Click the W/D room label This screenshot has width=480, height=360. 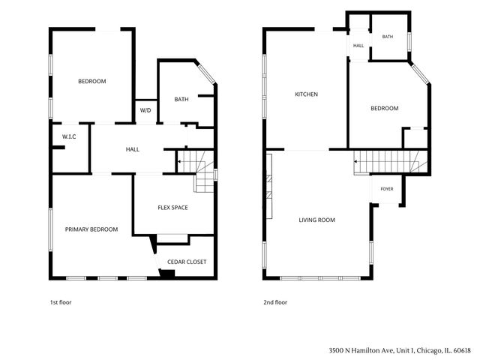point(145,110)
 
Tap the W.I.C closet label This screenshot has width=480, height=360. point(69,136)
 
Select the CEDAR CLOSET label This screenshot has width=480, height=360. point(187,262)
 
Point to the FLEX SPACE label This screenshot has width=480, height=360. point(172,208)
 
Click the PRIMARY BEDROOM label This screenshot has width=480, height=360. point(91,229)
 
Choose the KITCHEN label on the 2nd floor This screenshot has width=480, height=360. point(306,94)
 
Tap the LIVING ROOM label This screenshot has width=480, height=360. point(316,220)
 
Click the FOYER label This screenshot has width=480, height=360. point(387,189)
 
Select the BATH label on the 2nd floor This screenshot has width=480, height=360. point(388,37)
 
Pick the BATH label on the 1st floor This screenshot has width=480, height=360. point(181,99)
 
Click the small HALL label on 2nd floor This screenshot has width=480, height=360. point(358,46)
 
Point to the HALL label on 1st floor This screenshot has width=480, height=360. point(133,149)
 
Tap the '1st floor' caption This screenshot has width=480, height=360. point(61,302)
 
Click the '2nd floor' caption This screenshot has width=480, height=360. point(275,302)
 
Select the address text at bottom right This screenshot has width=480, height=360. point(400,350)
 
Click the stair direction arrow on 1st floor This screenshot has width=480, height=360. point(179,161)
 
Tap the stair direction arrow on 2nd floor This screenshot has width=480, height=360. point(355,161)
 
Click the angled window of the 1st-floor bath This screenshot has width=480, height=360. point(206,73)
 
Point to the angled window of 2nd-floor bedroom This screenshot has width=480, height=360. point(420,73)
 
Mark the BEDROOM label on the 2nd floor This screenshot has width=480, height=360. point(385,108)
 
